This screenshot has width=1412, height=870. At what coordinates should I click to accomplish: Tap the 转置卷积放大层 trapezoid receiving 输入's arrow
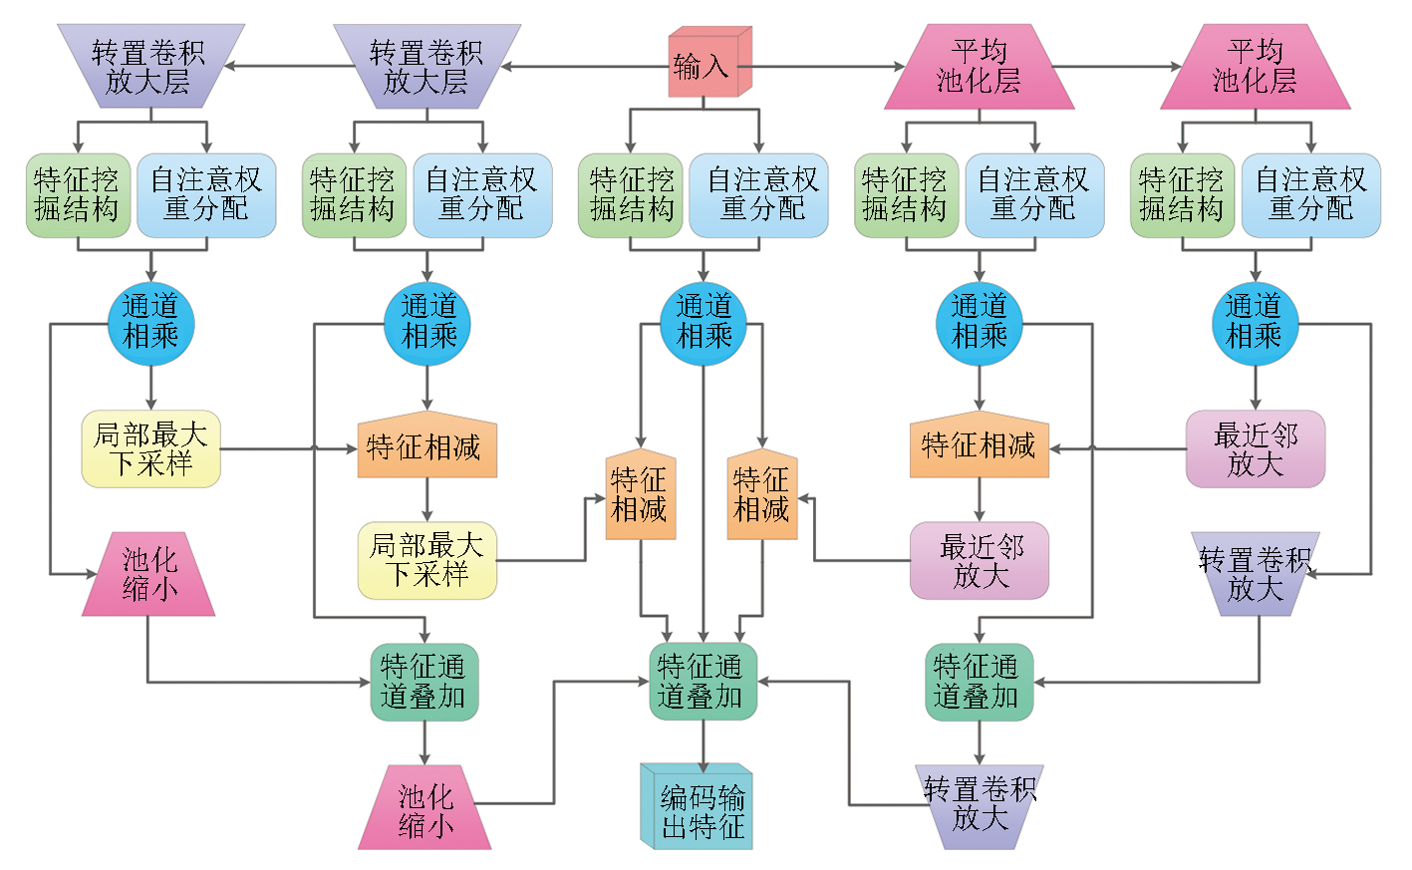point(426,67)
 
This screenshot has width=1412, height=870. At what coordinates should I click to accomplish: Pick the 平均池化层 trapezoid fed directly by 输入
point(979,67)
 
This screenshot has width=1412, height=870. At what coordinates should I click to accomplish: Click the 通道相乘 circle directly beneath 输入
point(704,323)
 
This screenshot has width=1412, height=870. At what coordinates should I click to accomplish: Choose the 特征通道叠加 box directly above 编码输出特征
point(703,682)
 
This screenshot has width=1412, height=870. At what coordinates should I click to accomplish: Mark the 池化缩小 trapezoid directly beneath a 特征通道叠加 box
point(424,808)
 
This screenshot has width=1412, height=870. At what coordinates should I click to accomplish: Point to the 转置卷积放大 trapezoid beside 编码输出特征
point(979,805)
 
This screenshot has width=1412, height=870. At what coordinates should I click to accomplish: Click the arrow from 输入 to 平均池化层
point(827,67)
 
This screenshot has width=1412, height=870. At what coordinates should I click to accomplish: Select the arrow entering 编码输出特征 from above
point(704,742)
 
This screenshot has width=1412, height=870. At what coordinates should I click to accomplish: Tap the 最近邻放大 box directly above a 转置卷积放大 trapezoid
point(1255,448)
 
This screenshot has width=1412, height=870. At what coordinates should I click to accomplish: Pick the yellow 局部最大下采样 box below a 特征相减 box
point(426,560)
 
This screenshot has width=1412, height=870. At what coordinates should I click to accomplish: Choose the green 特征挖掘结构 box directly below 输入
point(630,195)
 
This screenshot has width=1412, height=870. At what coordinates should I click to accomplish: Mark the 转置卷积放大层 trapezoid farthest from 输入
point(150,67)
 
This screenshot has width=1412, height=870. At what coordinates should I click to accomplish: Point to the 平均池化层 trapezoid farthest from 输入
point(1255,67)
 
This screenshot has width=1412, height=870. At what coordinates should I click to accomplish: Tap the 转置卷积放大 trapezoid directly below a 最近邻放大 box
point(1255,574)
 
